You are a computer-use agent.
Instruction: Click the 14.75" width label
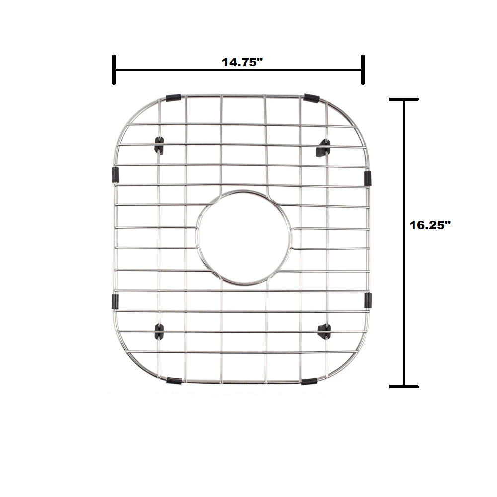tap(242, 62)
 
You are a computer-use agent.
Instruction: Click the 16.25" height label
tap(430, 225)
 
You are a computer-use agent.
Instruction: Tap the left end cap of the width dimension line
tap(114, 70)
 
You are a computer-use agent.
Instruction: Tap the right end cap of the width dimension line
tap(363, 70)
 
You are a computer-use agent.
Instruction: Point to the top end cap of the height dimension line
tap(403, 100)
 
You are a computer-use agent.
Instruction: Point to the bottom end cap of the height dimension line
tap(403, 386)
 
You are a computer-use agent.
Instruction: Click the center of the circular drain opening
tap(244, 238)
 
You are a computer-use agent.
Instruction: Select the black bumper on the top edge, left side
tap(173, 98)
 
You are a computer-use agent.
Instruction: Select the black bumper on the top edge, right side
tap(312, 98)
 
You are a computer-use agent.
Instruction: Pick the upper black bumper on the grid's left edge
tap(116, 174)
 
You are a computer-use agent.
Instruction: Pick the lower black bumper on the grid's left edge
tap(115, 301)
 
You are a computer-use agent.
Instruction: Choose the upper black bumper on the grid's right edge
tap(368, 178)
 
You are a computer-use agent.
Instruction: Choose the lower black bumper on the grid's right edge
tap(368, 299)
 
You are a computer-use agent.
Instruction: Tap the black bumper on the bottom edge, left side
tap(174, 381)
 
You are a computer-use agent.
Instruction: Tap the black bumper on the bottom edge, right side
tap(309, 382)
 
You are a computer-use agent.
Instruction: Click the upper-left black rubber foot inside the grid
tap(159, 145)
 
